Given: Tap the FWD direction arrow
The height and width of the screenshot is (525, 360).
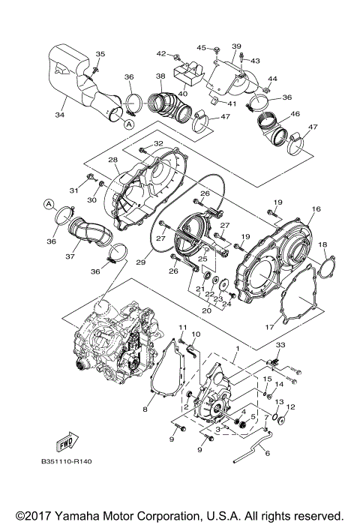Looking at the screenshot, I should point(65,442).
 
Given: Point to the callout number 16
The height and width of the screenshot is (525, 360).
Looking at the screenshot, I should point(316,209).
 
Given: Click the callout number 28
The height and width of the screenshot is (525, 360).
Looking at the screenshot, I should point(112,160).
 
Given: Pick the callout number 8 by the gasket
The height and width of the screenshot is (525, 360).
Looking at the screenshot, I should point(144,409).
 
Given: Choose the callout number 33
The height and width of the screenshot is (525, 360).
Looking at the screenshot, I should point(280,345).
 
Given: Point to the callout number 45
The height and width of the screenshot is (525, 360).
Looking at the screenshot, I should point(200,48).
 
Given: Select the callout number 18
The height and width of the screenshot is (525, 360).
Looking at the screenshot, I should point(323,244).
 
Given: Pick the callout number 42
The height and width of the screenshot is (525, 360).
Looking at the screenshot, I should point(160,54).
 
